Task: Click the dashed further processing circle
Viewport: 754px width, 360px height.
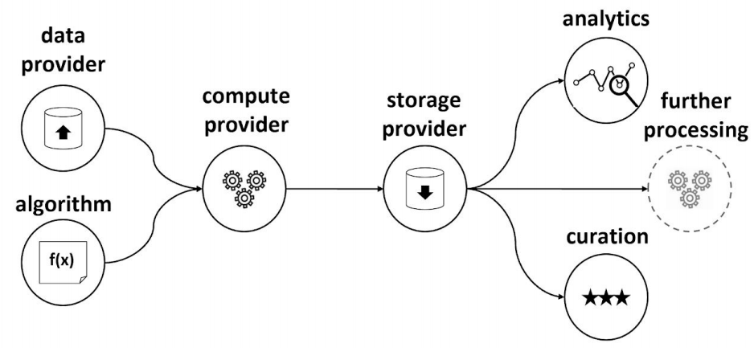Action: [x=690, y=190]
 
